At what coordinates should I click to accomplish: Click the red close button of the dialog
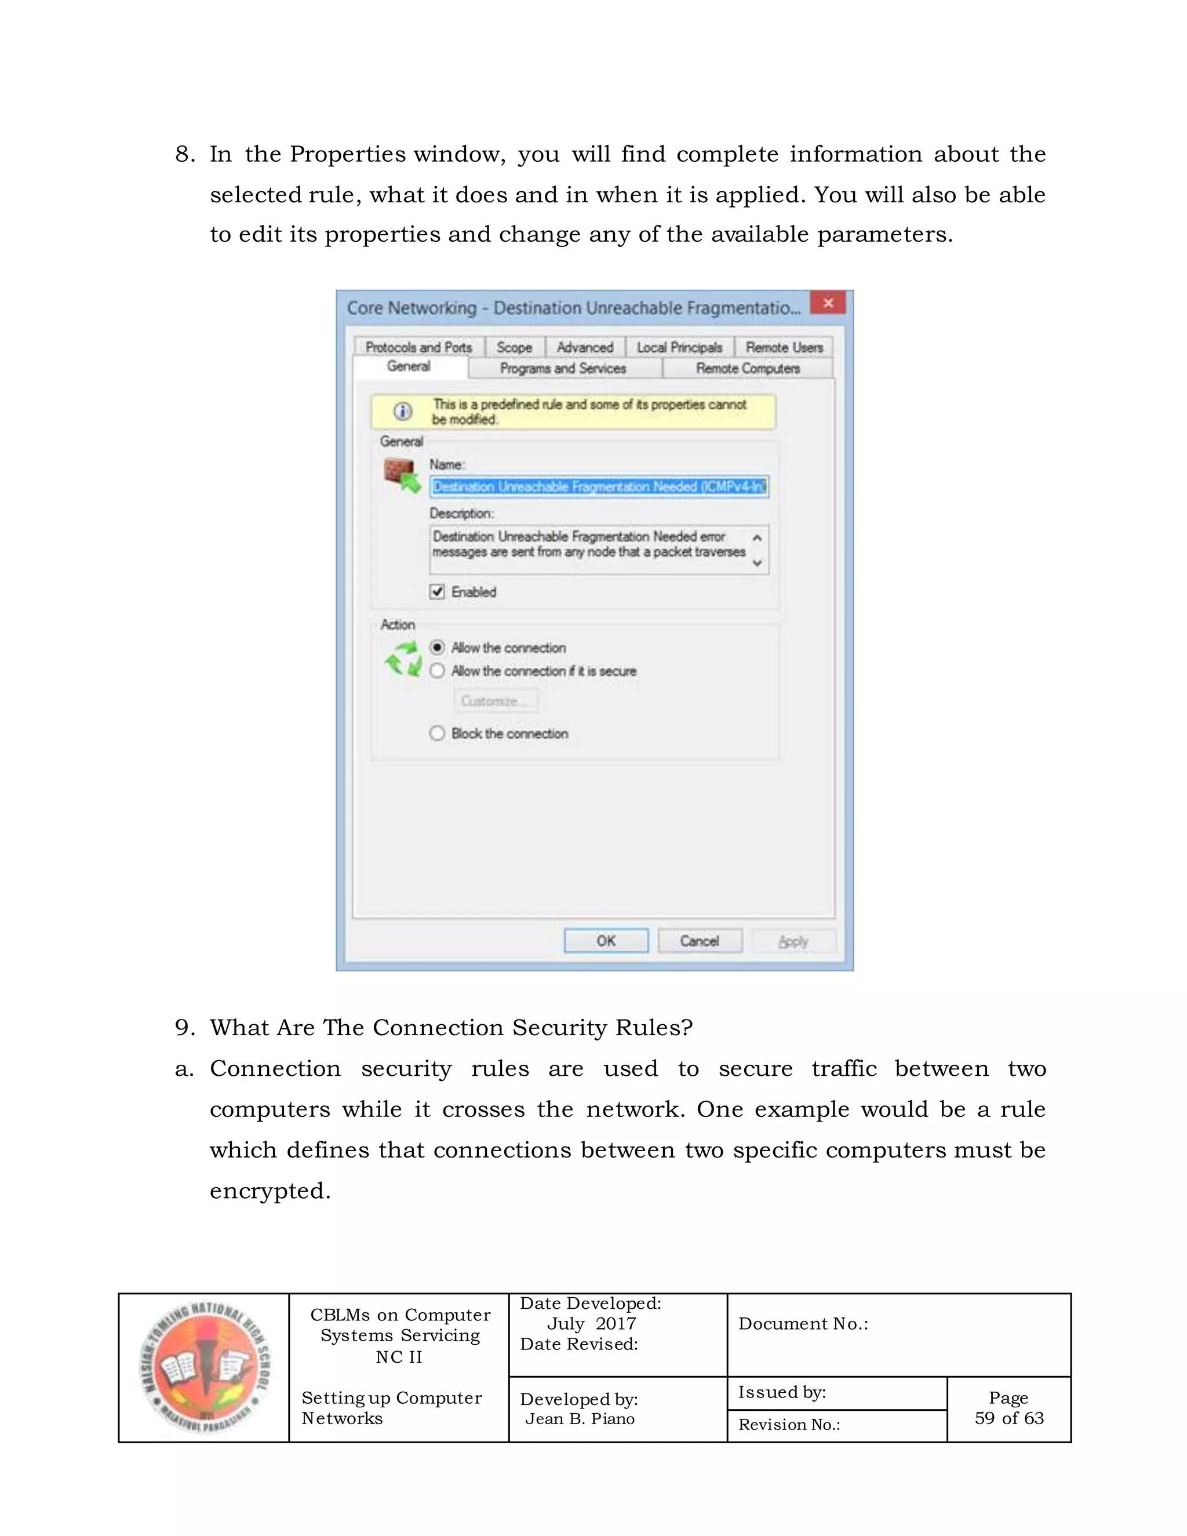click(x=828, y=303)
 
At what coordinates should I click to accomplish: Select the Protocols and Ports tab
click(x=418, y=347)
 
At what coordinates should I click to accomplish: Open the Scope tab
click(x=514, y=347)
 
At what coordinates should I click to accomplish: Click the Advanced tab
click(x=584, y=347)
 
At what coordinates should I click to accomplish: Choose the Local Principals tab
click(x=679, y=347)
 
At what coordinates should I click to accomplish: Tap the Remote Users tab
click(x=784, y=347)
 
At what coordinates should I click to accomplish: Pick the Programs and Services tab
click(x=563, y=369)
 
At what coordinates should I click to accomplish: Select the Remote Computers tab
click(x=748, y=369)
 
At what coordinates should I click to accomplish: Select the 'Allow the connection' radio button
click(x=438, y=647)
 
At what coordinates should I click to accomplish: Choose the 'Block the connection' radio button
click(x=438, y=734)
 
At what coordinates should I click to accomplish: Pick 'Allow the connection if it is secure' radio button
click(x=438, y=671)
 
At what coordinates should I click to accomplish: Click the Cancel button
click(x=700, y=941)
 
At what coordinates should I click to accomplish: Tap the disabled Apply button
click(x=793, y=941)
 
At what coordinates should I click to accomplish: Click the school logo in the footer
click(x=205, y=1368)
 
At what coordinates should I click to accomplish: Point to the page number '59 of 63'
click(x=1009, y=1418)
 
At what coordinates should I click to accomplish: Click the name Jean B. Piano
click(x=580, y=1418)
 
